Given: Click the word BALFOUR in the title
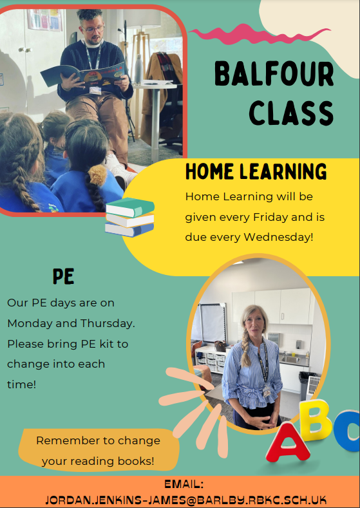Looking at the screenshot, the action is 274,74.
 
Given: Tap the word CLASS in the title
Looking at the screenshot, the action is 291,113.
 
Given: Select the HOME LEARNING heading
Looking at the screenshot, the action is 256,171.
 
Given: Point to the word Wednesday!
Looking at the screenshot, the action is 279,237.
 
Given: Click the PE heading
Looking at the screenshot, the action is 64,276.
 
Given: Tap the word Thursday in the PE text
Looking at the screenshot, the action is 108,323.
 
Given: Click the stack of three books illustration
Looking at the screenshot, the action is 129,217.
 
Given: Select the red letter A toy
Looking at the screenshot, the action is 287,442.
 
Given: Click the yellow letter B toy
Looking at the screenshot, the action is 316,420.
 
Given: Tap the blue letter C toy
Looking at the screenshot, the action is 347,431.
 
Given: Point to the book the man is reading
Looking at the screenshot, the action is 83,75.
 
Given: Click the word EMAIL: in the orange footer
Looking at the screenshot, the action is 184,484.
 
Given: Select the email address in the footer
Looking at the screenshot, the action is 185,499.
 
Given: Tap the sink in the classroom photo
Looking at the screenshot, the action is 290,360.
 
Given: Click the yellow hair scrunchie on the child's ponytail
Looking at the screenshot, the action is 97,175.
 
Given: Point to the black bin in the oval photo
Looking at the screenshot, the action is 306,386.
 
